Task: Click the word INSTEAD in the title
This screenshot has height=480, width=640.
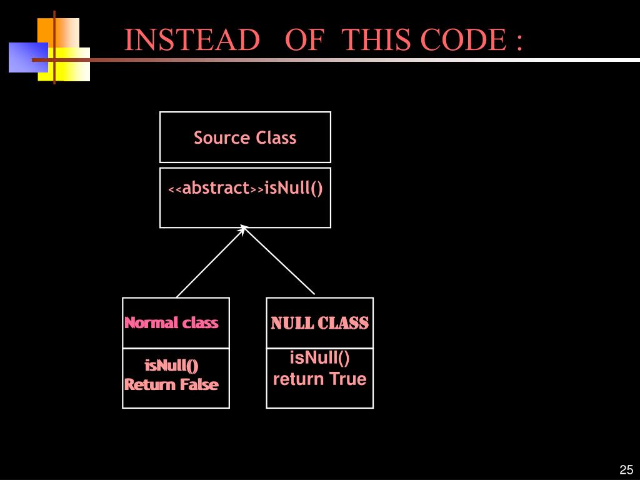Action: (192, 39)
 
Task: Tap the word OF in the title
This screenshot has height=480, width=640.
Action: (304, 39)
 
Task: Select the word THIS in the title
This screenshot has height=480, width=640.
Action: (377, 39)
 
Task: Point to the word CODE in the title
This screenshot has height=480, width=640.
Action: (463, 39)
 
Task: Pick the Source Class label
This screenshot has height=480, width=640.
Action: (245, 137)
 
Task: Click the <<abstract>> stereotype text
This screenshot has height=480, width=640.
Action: (216, 188)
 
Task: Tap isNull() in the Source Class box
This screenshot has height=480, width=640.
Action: (294, 189)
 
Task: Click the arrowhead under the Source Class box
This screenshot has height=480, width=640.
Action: (244, 229)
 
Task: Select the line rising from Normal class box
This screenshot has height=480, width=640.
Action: (210, 263)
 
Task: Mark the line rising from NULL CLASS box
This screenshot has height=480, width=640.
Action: (279, 261)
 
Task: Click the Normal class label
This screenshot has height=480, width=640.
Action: (171, 322)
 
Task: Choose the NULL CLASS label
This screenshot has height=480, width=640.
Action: (319, 323)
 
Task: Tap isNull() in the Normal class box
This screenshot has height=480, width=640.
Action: (171, 365)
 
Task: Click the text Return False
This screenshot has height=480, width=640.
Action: (171, 384)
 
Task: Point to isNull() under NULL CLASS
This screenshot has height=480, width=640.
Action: (319, 357)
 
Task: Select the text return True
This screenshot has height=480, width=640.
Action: (319, 379)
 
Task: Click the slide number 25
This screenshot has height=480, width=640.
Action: (626, 469)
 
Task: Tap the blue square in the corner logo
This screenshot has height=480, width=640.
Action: (28, 57)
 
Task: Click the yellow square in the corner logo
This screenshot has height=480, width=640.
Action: (64, 64)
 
